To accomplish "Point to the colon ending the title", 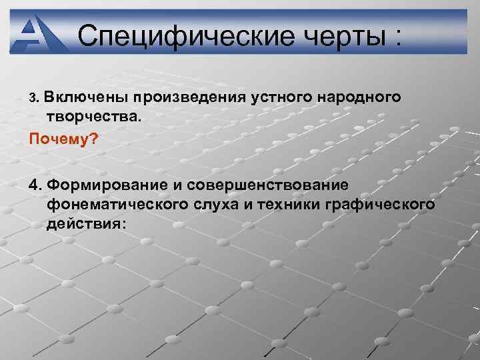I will point(397,37).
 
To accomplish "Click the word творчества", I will point(93,117).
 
